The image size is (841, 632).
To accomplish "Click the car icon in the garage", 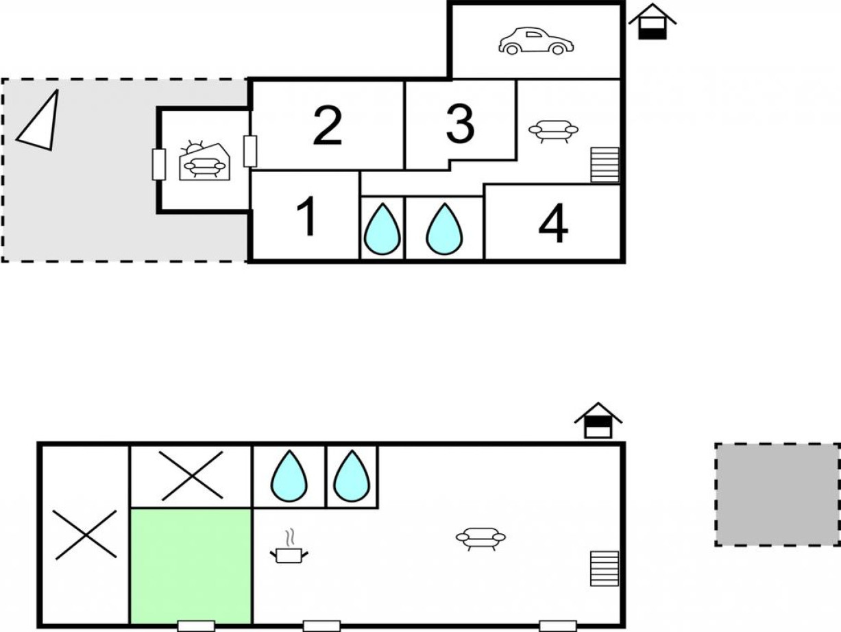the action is pos(536,41).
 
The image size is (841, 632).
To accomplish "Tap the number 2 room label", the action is pos(328,125).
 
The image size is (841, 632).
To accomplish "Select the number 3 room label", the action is pos(460,124).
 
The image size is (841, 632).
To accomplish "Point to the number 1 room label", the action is pos(307,216).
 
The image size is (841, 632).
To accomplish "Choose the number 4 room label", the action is pos(553,223).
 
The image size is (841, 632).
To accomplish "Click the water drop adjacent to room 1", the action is pos(382,229).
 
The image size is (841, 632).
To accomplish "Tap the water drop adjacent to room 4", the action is pos(444,229).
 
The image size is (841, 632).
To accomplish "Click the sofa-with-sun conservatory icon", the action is pos(205,160).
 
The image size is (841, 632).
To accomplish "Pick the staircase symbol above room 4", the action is pos(605,165).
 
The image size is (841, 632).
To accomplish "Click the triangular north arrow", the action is pos(40,122).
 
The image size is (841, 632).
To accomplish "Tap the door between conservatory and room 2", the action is pos(250,151).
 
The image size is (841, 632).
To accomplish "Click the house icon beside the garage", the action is pos(652,21).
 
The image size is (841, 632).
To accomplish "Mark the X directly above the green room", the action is pos(191,476).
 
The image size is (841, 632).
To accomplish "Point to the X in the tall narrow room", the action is pos(85,535).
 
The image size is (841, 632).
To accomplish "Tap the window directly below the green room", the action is pos(196,626).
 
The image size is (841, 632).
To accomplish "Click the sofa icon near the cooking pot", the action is pos(480,539).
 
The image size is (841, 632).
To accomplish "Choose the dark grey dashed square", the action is pos(777,494).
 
